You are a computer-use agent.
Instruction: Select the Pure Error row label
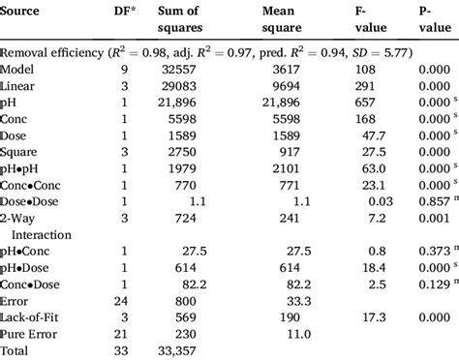34,331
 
